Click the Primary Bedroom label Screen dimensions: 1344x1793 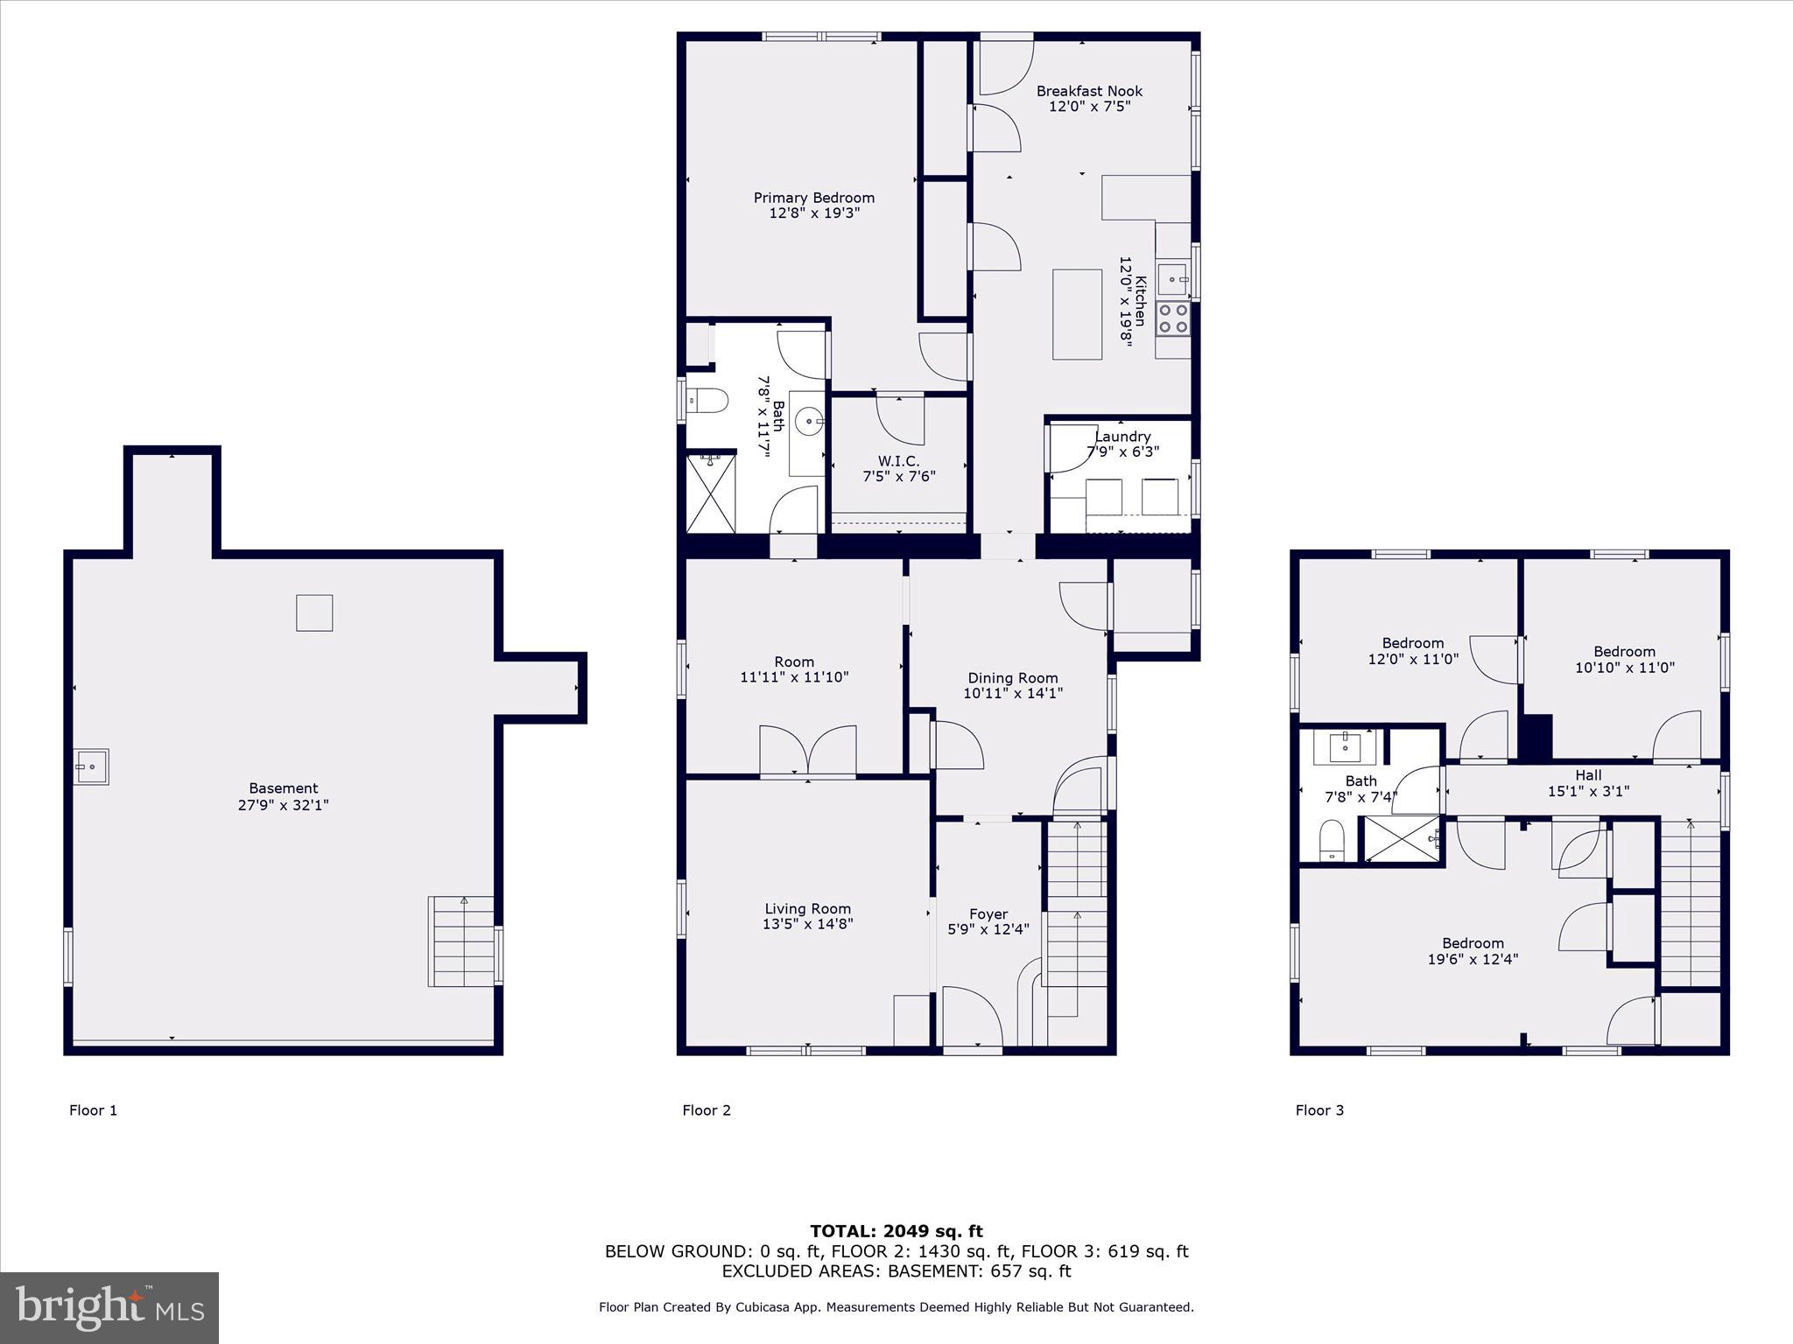tap(813, 198)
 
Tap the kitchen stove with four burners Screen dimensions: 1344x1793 tap(1173, 319)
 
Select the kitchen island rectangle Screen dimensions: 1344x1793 tap(1077, 314)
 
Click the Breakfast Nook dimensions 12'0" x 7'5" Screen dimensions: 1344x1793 tap(1089, 107)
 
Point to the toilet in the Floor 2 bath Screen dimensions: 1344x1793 tap(709, 401)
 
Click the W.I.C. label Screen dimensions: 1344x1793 tap(898, 461)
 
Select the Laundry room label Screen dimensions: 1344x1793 tap(1122, 437)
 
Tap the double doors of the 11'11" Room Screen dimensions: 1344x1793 tap(807, 750)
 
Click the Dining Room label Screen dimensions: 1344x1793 tap(1012, 678)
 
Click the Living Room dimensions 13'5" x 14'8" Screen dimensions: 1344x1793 tap(807, 923)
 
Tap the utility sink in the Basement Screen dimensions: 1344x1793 tap(91, 766)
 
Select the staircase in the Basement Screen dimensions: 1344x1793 tap(461, 941)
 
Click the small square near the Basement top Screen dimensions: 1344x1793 tap(314, 612)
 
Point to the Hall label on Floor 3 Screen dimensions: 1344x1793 tap(1588, 775)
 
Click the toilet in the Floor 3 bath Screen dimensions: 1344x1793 tap(1332, 841)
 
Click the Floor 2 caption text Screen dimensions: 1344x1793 tap(706, 1110)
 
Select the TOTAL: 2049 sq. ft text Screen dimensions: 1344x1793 tap(896, 1232)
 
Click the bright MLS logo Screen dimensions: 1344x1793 tap(109, 1308)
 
